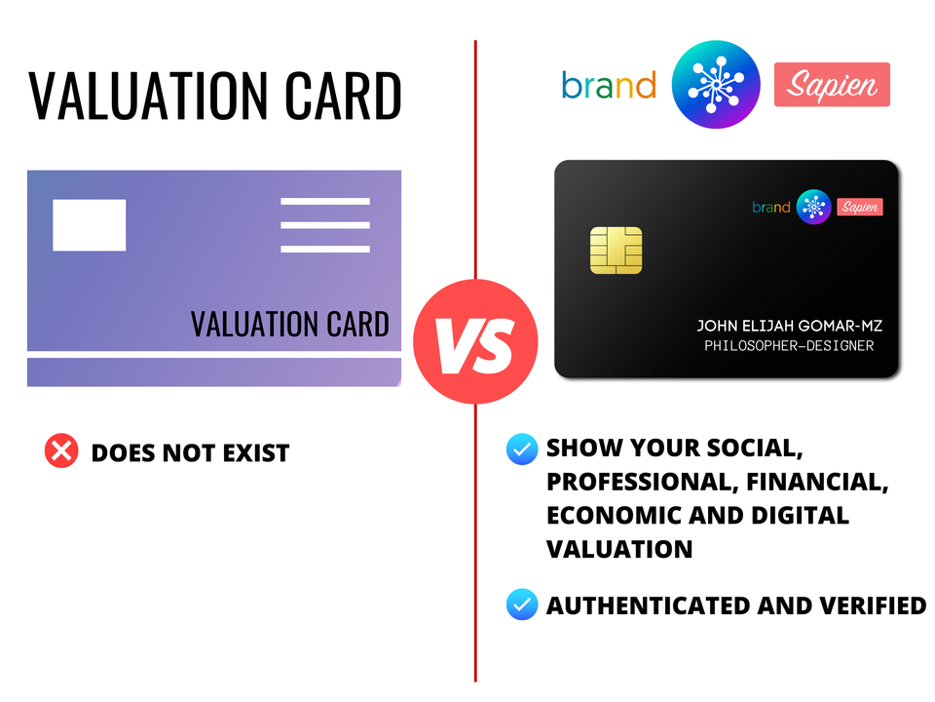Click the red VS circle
click(475, 341)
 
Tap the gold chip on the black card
click(616, 251)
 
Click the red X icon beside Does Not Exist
click(61, 450)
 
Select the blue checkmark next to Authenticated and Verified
click(522, 604)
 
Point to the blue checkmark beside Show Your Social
click(522, 448)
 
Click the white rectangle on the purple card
click(90, 225)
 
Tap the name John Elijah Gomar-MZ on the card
click(790, 326)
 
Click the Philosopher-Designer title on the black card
click(789, 345)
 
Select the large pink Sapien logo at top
click(832, 84)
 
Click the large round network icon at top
click(716, 84)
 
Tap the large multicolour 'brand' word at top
click(609, 86)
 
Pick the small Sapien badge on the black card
click(860, 207)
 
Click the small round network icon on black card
click(813, 207)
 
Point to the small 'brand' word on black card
click(771, 207)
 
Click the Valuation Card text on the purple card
click(290, 324)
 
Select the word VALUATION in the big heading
click(149, 96)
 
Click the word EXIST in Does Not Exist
click(256, 453)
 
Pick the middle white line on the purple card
click(325, 225)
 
